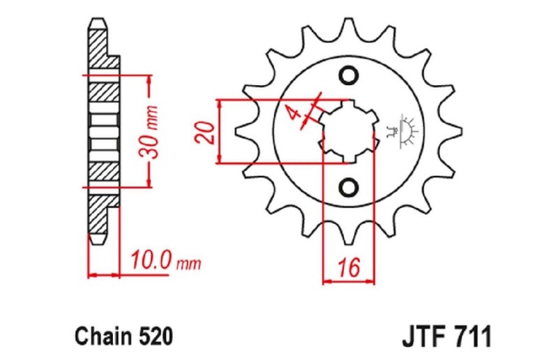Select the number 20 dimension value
pos(205,132)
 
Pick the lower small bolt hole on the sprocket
pos(348,186)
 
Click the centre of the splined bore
pos(348,131)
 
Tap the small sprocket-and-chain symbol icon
pos(402,130)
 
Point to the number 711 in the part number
pos(474,336)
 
